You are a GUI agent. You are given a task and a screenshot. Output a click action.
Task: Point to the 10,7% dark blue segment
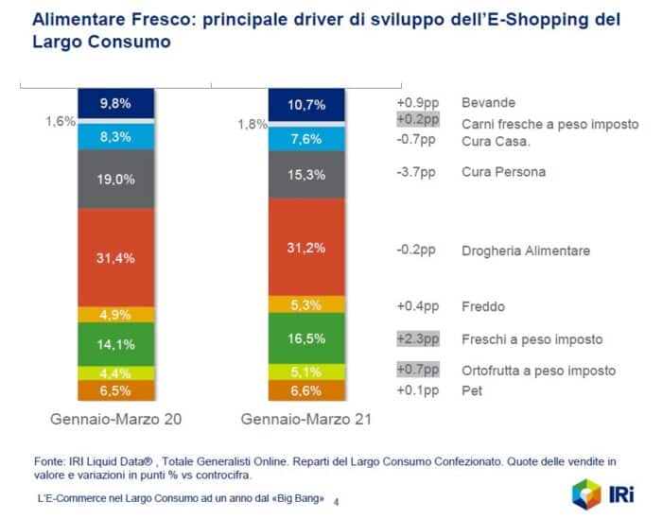305,104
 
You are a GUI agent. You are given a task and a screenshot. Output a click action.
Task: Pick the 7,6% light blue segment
305,139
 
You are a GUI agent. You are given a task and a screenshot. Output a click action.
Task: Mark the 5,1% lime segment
305,371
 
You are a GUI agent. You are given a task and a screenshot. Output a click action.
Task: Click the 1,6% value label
60,122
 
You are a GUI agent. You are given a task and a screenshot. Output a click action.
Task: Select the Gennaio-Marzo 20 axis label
115,418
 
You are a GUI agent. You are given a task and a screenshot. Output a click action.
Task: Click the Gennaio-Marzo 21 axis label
305,418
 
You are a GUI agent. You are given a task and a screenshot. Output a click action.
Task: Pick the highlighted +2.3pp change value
418,338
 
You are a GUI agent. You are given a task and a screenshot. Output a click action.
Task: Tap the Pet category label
470,389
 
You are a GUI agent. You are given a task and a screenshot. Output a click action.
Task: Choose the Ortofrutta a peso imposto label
538,371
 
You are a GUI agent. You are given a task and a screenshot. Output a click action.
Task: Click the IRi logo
604,493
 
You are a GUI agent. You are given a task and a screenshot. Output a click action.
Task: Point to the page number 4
340,500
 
